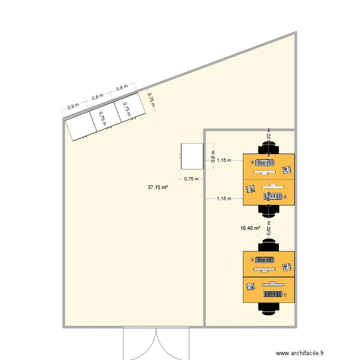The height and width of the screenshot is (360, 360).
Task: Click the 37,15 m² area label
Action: [157, 188]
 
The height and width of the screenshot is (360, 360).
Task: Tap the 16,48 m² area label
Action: [250, 228]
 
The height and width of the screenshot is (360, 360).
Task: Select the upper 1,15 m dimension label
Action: [224, 160]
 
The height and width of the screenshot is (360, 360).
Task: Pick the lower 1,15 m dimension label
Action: [224, 198]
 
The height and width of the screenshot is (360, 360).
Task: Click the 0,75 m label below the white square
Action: [191, 179]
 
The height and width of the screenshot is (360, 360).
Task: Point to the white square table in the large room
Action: [192, 156]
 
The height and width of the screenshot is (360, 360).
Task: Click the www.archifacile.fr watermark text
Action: [311, 353]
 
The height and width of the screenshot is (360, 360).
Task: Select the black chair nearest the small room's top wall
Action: [268, 147]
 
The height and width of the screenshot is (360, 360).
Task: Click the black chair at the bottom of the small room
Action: [268, 308]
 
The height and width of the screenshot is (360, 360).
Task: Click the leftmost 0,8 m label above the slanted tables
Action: [73, 106]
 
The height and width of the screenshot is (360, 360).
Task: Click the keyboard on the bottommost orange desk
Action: [272, 294]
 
